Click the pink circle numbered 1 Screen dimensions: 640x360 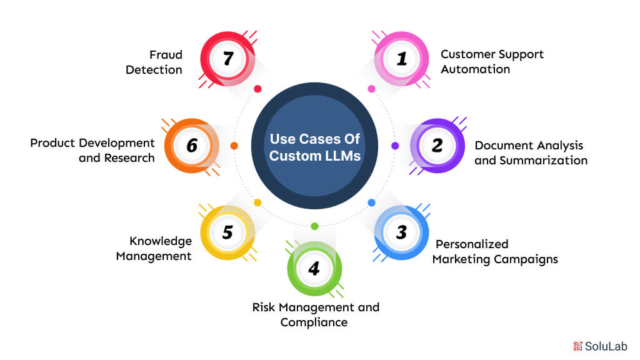point(402,59)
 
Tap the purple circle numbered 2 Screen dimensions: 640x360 point(437,146)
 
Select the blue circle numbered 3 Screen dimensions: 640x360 point(402,232)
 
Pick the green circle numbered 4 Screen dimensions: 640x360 point(314,269)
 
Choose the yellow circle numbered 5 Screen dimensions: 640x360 point(227,232)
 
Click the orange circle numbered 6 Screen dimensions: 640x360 point(192,146)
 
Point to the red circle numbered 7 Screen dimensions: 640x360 point(227,59)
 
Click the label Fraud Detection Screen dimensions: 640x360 point(154,62)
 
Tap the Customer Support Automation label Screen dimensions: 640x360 point(492,62)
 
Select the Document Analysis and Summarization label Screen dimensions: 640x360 point(531,153)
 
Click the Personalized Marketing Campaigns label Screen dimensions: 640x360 point(495,251)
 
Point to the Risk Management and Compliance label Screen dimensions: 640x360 point(316,315)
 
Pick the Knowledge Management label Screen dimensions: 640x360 point(154,249)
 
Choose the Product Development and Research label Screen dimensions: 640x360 point(92,150)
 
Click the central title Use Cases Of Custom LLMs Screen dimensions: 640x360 point(315,147)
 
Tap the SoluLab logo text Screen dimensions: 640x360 point(600,346)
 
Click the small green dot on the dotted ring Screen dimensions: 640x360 point(314,226)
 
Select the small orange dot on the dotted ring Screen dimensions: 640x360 point(234,146)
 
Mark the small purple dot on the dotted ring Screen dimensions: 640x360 point(395,146)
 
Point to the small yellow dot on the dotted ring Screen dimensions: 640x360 point(257,203)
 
